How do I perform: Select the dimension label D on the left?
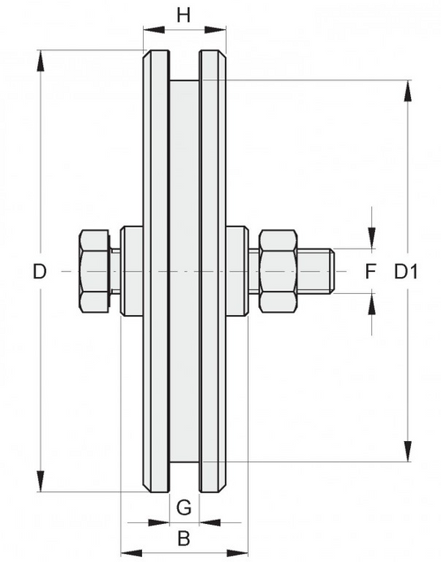[39, 272]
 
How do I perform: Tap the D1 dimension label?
[406, 272]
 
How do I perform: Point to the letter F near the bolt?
[370, 272]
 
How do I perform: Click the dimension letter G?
[183, 506]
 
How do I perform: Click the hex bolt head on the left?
[94, 272]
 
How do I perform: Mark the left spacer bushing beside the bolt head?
[131, 272]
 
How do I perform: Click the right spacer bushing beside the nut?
[236, 272]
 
